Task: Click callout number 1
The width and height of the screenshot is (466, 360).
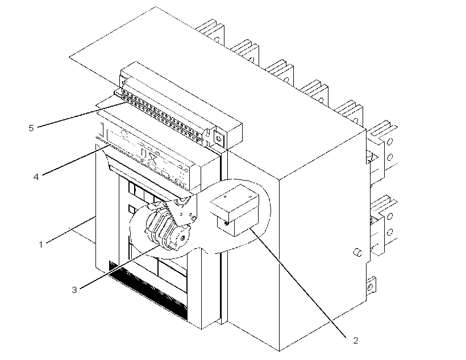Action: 41,245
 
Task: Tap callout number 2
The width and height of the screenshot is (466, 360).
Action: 355,340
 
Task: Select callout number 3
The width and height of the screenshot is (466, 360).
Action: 74,290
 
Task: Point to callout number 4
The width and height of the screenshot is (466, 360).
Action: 36,177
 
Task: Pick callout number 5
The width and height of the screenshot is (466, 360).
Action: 31,128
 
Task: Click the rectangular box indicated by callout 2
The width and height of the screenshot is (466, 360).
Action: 235,210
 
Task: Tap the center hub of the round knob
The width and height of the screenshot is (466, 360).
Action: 182,237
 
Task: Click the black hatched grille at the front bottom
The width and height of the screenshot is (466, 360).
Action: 148,291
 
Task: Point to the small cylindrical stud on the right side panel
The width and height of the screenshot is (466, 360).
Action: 358,253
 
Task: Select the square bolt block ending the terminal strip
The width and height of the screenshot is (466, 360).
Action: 219,138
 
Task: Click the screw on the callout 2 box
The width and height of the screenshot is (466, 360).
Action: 227,223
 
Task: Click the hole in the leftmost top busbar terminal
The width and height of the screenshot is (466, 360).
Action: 217,39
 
